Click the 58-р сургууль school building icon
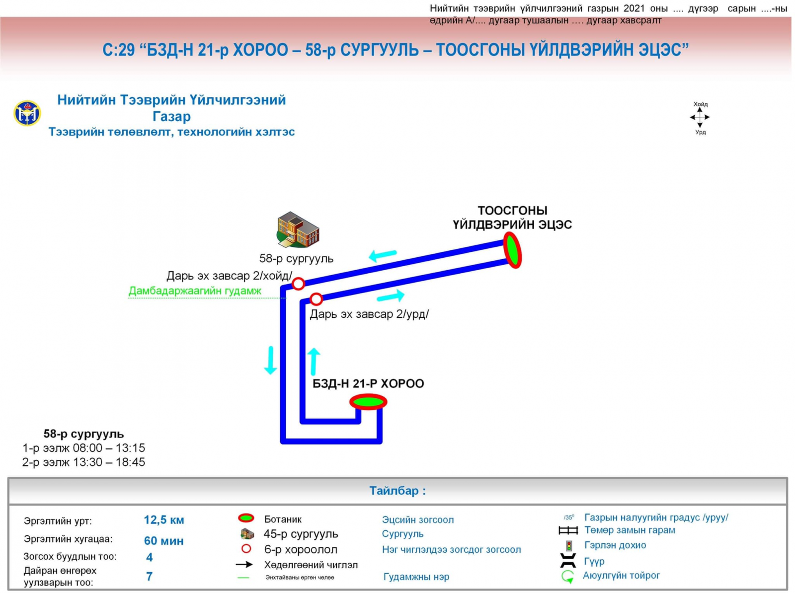coord(298,229)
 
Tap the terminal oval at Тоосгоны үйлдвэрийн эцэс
coord(512,250)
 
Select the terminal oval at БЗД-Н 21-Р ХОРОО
coord(368,401)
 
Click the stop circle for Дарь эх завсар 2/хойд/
coord(298,284)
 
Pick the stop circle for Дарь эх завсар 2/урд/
coord(316,299)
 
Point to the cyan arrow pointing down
coord(270,360)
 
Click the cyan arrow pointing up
coord(314,361)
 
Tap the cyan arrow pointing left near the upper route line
coord(382,255)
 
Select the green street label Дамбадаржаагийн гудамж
coord(195,291)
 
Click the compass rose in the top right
coord(700,118)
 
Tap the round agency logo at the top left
coord(27,113)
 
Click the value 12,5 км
coord(164,520)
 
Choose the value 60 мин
coord(164,541)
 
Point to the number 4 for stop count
coord(149,557)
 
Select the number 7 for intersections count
coord(149,576)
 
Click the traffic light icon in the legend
coord(569,546)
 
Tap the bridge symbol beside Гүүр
coord(568,561)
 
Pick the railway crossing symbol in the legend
coord(568,530)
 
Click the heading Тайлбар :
coord(397,491)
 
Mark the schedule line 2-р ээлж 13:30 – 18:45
coord(83,462)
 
